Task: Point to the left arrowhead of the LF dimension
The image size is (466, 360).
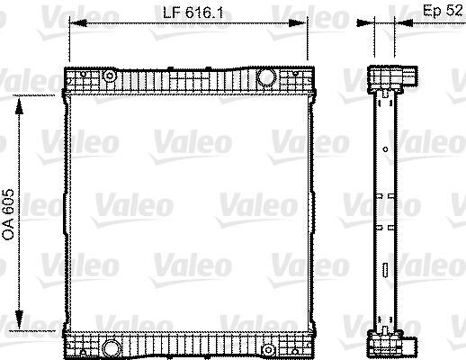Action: (x=74, y=23)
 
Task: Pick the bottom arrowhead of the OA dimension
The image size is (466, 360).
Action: (x=22, y=328)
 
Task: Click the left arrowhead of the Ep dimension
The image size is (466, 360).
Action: (x=372, y=24)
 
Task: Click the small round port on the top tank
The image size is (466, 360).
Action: (x=109, y=76)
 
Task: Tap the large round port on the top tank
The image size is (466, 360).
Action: (x=267, y=78)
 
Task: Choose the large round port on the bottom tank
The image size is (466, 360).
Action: (x=111, y=346)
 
